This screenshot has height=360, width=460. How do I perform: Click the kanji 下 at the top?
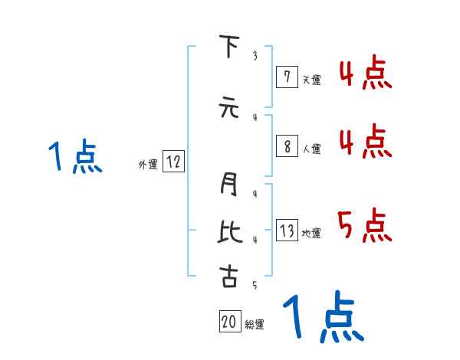pos(228,47)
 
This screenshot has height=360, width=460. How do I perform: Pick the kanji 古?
pos(228,276)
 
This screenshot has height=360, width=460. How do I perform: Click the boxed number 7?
pos(286,77)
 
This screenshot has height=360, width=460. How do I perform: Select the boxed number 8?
pos(286,146)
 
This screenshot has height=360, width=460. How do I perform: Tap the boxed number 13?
pos(287,231)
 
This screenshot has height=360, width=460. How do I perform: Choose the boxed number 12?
pos(173,162)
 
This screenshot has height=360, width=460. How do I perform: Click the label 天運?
pos(311,79)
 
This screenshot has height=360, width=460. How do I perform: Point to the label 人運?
pos(311,149)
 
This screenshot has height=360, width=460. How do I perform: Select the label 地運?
pos(311,234)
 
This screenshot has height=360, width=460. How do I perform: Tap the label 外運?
pos(148,164)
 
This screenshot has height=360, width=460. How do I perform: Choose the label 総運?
pos(255,325)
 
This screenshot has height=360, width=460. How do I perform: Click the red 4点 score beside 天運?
pos(365,74)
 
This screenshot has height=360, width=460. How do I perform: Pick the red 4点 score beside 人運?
pos(365,141)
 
